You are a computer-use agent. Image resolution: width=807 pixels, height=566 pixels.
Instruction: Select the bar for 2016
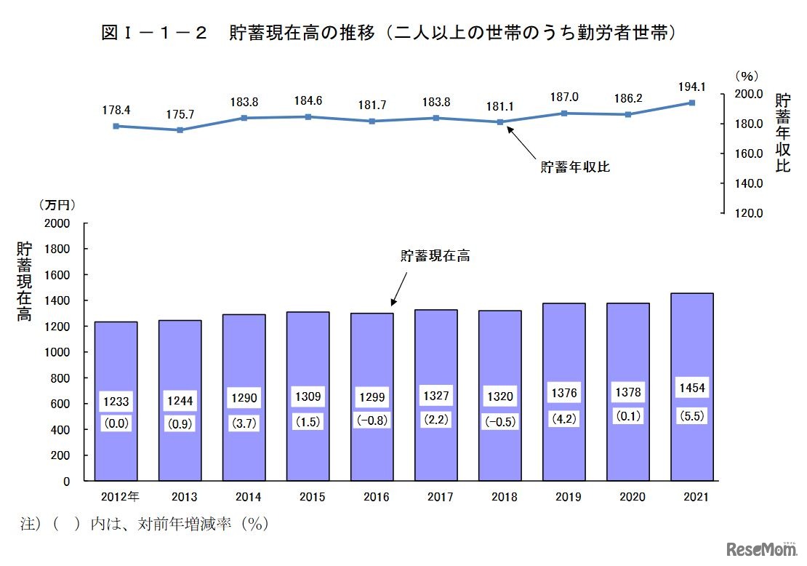pyautogui.click(x=372, y=349)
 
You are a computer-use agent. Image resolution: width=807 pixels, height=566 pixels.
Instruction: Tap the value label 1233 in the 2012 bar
pyautogui.click(x=116, y=401)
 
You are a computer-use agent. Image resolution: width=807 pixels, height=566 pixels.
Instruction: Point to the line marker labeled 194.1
pyautogui.click(x=691, y=103)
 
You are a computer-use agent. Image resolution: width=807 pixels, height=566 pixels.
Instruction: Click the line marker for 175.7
pyautogui.click(x=180, y=130)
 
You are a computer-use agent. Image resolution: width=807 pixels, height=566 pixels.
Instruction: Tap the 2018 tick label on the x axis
pyautogui.click(x=504, y=497)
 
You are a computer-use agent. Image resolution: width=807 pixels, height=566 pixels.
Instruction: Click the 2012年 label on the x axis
pyautogui.click(x=119, y=497)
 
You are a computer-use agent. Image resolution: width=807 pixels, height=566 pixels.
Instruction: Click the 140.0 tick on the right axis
pyautogui.click(x=749, y=183)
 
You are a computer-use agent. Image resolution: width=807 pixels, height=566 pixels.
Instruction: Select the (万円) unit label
pyautogui.click(x=57, y=206)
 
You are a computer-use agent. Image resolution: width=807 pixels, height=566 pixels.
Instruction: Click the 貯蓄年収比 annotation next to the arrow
pyautogui.click(x=574, y=167)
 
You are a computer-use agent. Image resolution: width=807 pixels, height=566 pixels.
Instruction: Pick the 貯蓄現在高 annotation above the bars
pyautogui.click(x=435, y=255)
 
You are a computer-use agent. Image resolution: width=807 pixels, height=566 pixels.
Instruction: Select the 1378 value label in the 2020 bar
pyautogui.click(x=627, y=392)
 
